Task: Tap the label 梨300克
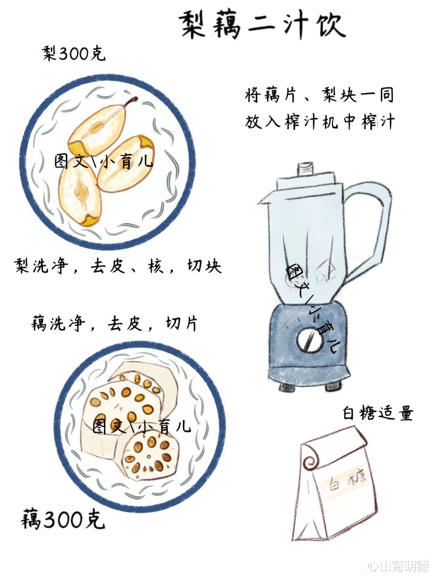[x=73, y=54]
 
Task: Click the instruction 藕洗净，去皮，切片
[x=114, y=323]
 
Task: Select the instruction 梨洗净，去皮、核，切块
[x=118, y=266]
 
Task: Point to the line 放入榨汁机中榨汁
[x=320, y=122]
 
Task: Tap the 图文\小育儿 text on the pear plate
[x=103, y=161]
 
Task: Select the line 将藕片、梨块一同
[x=319, y=95]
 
